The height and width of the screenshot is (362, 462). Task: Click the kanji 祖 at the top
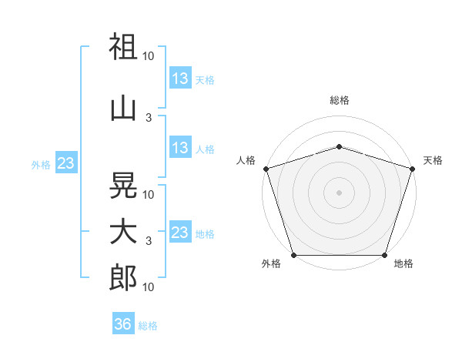[123, 46]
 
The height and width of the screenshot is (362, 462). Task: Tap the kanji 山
[123, 109]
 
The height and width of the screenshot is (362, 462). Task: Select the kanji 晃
[123, 185]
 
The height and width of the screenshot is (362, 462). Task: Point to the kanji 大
[123, 233]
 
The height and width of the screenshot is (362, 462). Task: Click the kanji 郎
[123, 277]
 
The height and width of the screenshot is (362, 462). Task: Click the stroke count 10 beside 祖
[148, 56]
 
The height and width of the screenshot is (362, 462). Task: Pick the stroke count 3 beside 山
[149, 118]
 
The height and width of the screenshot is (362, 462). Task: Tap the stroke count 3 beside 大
[149, 241]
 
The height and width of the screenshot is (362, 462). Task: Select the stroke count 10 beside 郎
[148, 287]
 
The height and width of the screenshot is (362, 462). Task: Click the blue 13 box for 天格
[180, 78]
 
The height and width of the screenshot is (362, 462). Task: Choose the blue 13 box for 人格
[180, 147]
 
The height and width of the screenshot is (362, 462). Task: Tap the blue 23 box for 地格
[180, 231]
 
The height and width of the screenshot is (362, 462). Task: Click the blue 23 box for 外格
[66, 163]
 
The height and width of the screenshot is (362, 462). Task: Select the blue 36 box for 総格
[123, 323]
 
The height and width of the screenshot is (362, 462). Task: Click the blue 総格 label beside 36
[148, 326]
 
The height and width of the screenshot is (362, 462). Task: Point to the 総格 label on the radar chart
[340, 100]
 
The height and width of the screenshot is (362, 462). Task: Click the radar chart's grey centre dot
[339, 193]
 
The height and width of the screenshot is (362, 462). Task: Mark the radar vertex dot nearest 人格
[266, 169]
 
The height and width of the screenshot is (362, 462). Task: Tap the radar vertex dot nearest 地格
[384, 255]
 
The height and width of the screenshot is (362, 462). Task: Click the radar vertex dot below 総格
[339, 147]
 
